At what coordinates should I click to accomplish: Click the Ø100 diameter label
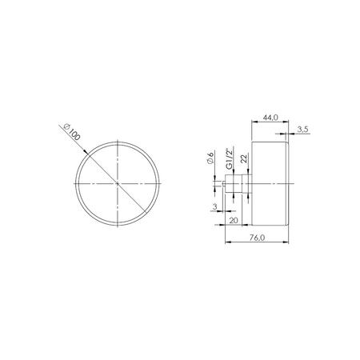pyautogui.click(x=72, y=132)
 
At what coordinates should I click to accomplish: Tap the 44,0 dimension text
pyautogui.click(x=270, y=118)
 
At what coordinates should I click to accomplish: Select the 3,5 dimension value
pyautogui.click(x=302, y=130)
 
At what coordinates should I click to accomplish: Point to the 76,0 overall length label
pyautogui.click(x=257, y=238)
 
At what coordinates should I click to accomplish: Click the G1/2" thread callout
pyautogui.click(x=229, y=158)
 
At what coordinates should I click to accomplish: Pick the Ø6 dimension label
pyautogui.click(x=210, y=158)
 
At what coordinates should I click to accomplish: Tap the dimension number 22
pyautogui.click(x=244, y=158)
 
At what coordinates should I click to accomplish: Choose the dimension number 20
pyautogui.click(x=234, y=221)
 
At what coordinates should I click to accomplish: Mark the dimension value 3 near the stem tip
pyautogui.click(x=215, y=206)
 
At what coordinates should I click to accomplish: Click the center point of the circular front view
pyautogui.click(x=118, y=183)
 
